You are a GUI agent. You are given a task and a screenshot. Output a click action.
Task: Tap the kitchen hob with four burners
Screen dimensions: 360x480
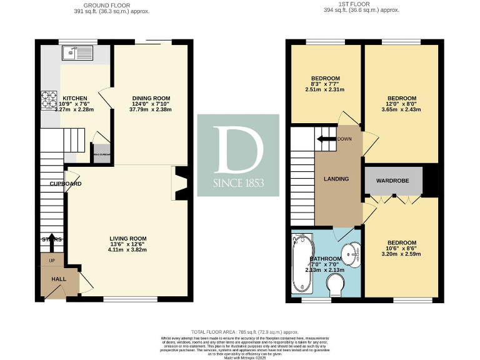point(49,99)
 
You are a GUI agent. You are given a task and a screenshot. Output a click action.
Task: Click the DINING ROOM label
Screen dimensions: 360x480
point(151,97)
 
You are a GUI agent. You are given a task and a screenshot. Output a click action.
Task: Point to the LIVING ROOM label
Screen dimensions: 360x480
point(127,238)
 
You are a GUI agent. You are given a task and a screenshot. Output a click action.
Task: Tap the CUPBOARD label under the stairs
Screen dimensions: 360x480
point(66,184)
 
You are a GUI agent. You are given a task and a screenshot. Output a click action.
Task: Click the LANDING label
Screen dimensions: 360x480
point(336,179)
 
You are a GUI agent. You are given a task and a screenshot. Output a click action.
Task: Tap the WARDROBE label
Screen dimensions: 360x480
point(392,181)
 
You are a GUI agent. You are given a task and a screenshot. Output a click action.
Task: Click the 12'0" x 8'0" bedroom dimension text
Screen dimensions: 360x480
point(401,104)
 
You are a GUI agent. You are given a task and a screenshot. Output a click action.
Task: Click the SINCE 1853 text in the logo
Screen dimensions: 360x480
point(237,184)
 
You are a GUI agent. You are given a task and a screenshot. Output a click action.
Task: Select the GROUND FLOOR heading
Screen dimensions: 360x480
point(95,4)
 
